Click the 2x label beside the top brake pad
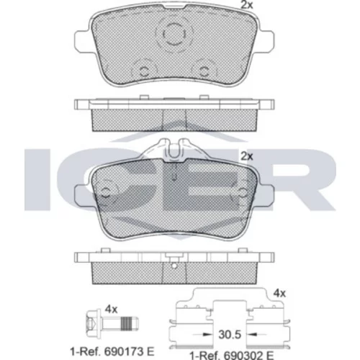(x=247, y=5)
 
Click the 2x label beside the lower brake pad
(x=247, y=156)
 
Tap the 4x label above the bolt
(x=111, y=310)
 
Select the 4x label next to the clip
(x=279, y=293)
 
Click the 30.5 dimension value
(x=230, y=334)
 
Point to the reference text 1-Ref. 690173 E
(x=112, y=352)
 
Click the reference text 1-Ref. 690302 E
(x=232, y=356)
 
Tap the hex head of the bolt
(x=92, y=323)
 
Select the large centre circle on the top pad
(x=174, y=35)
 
